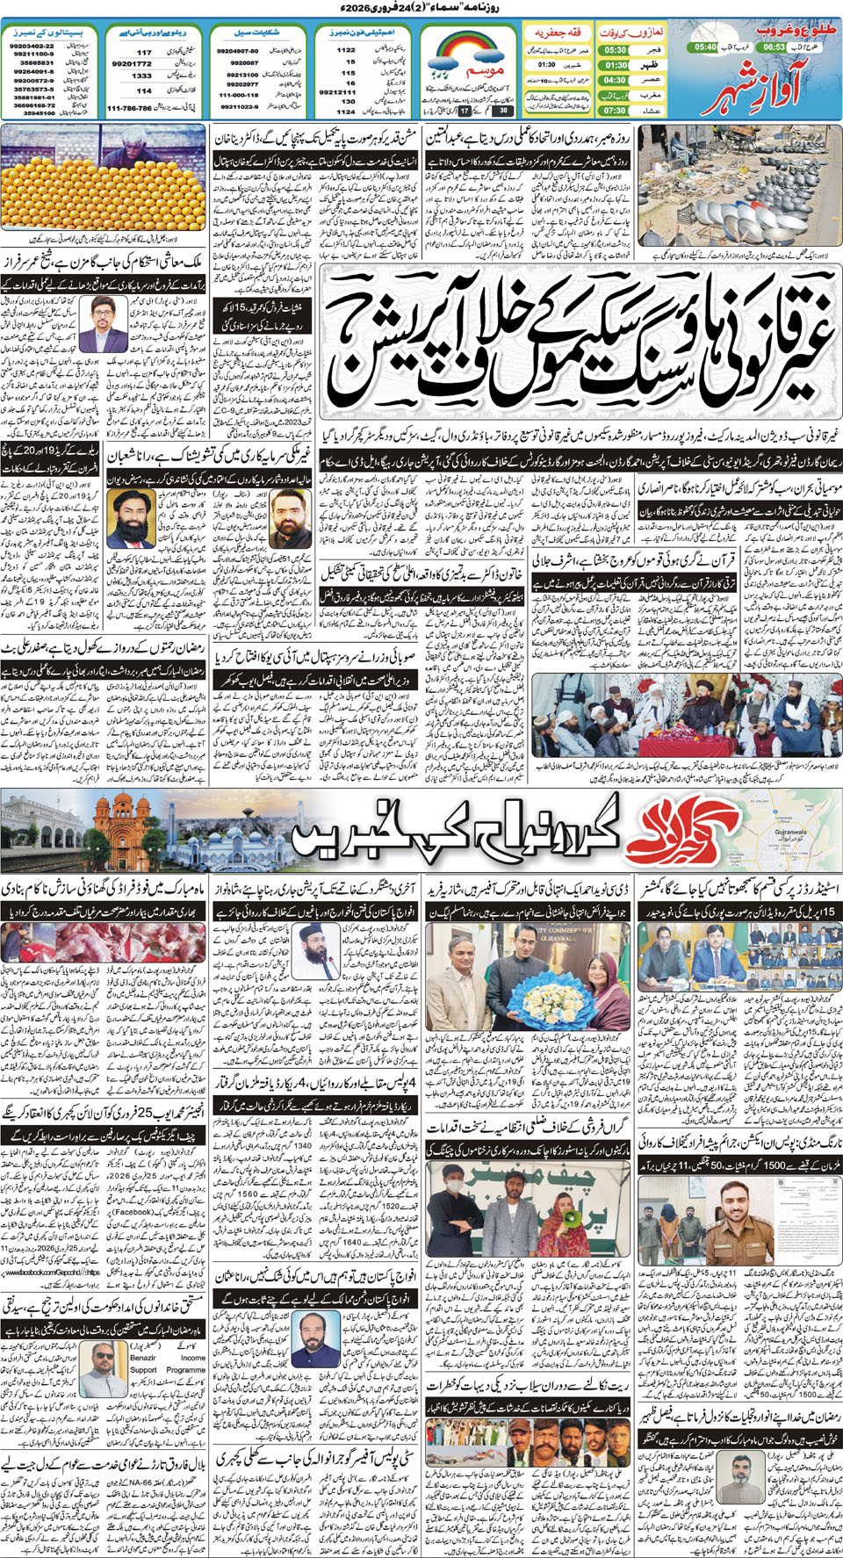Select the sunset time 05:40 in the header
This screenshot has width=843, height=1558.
(705, 47)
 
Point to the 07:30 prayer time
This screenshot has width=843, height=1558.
(615, 111)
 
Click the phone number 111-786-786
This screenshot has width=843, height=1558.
(129, 108)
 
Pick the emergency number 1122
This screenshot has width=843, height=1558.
(346, 50)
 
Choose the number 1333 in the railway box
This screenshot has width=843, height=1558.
(142, 76)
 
